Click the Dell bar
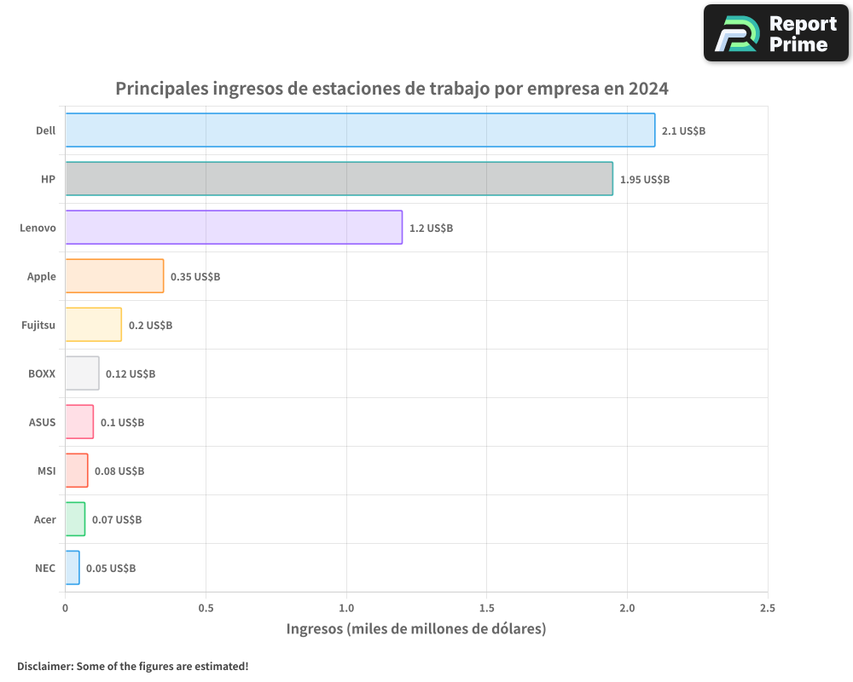click(360, 130)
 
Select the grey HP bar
click(339, 179)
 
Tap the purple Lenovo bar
click(234, 228)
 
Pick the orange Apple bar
click(114, 276)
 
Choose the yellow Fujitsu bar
click(93, 325)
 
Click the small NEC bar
click(73, 568)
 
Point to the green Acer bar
click(75, 519)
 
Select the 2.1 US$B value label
click(683, 131)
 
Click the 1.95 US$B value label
click(644, 180)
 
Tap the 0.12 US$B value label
click(131, 374)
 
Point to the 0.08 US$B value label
click(119, 471)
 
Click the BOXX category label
click(42, 373)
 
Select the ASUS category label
click(42, 422)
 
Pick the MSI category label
click(46, 471)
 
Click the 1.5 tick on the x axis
click(486, 609)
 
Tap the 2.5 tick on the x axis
click(767, 609)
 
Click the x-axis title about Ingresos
click(415, 629)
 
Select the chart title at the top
click(392, 89)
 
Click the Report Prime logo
click(775, 33)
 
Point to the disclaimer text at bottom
click(132, 666)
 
